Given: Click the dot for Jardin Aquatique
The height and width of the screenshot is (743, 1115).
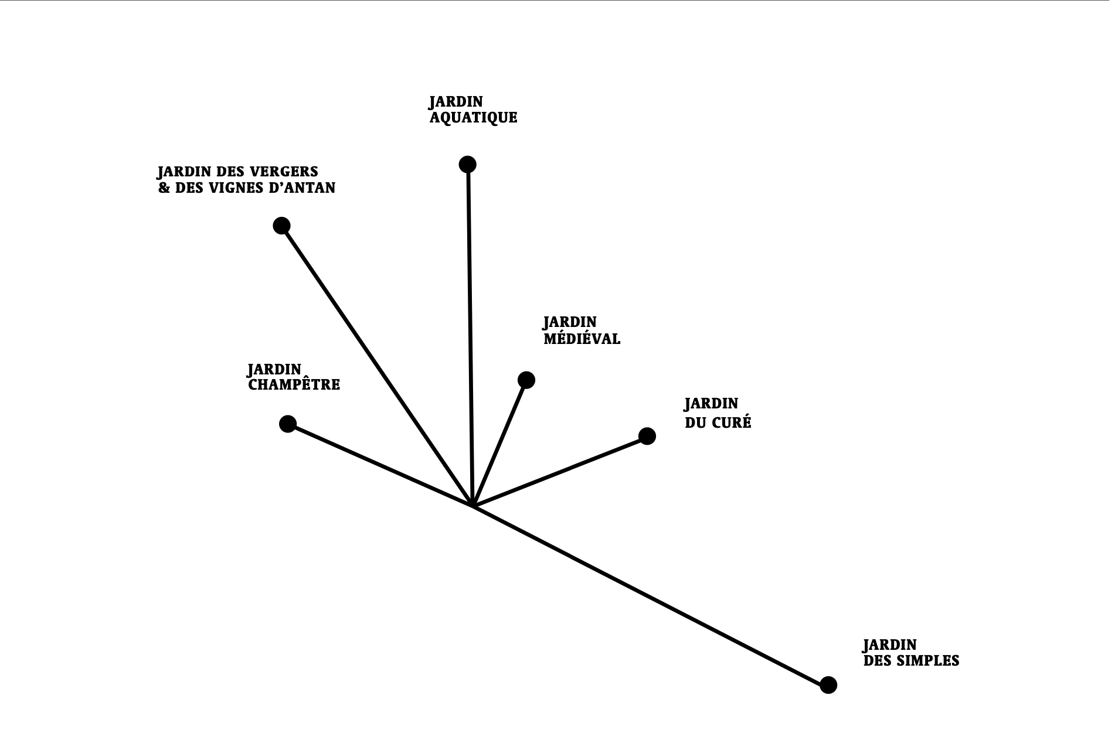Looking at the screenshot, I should coord(467,165).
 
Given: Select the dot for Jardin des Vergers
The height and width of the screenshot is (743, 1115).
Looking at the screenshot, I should coord(282,226).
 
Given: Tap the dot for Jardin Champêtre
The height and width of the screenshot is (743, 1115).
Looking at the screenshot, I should coord(288,424).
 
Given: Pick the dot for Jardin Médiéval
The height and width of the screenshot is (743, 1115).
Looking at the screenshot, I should coord(526,380).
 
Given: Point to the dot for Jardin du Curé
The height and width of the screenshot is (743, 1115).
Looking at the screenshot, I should coord(647,436).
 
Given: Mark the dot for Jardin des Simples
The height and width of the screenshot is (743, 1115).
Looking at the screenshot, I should coord(828,684).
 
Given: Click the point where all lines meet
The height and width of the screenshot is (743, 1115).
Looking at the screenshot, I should coord(473,505).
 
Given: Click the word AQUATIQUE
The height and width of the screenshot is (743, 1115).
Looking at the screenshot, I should coord(473,118).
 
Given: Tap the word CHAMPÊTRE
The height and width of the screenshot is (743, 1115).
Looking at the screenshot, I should coord(294,385).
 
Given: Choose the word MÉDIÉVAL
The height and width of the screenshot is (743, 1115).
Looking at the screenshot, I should coord(582,339).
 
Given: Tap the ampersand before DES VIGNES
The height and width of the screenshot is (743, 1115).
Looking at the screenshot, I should coord(164,188).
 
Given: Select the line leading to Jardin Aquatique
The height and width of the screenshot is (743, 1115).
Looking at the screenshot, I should coord(470,334).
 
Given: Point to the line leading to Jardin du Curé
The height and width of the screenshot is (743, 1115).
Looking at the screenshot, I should coord(560,471).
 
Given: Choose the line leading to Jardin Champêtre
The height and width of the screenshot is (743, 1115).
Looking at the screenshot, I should coord(381,465).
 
